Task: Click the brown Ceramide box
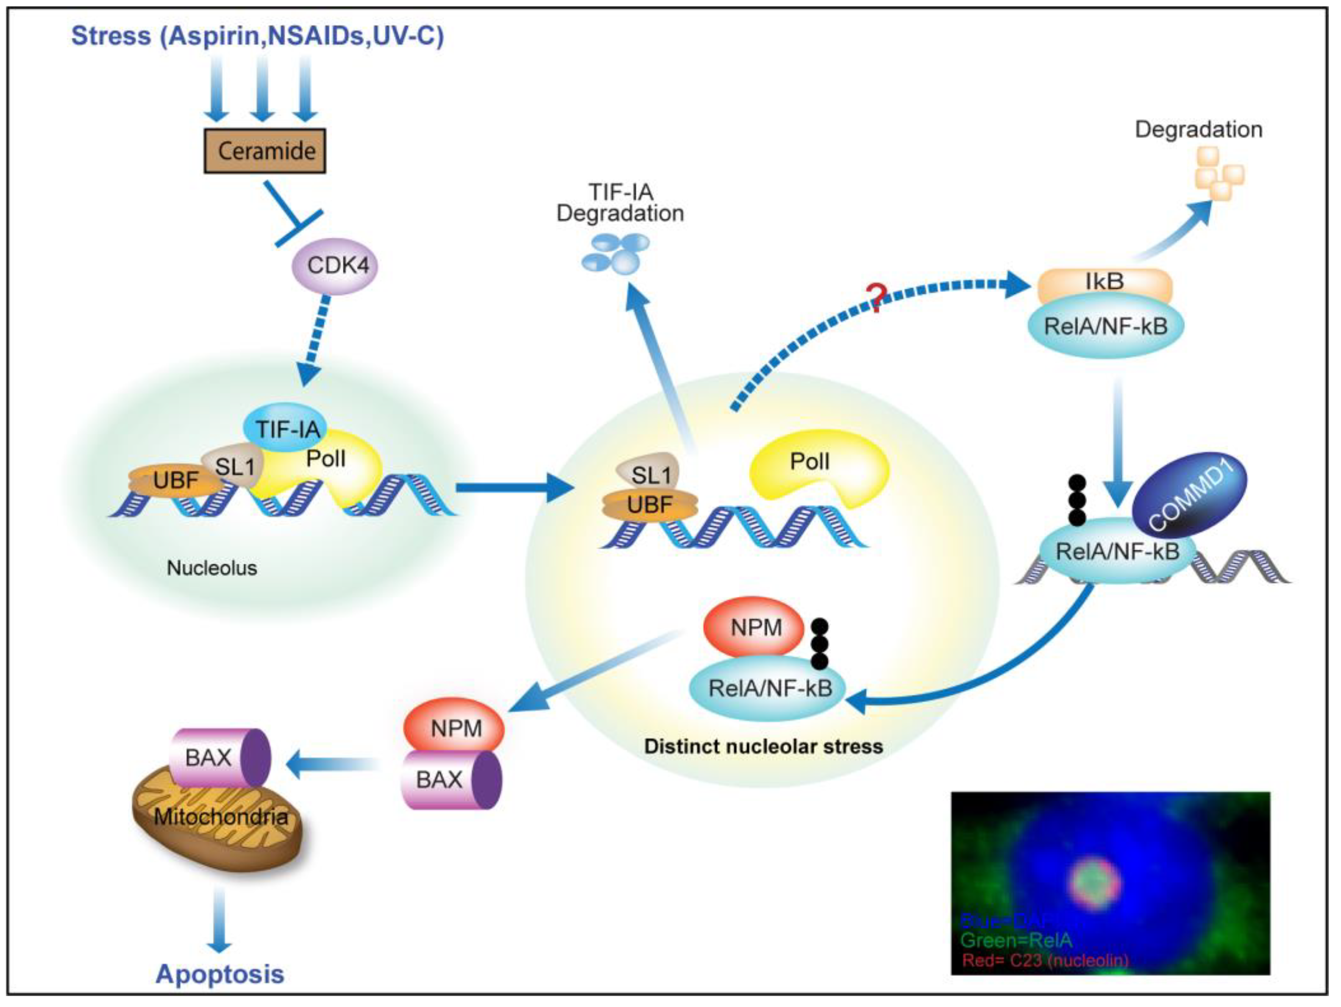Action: (x=264, y=150)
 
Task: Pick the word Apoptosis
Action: (x=220, y=974)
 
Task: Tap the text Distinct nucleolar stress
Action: (x=762, y=746)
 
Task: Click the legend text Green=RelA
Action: (x=1016, y=940)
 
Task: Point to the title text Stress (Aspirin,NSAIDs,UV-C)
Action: (x=258, y=35)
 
